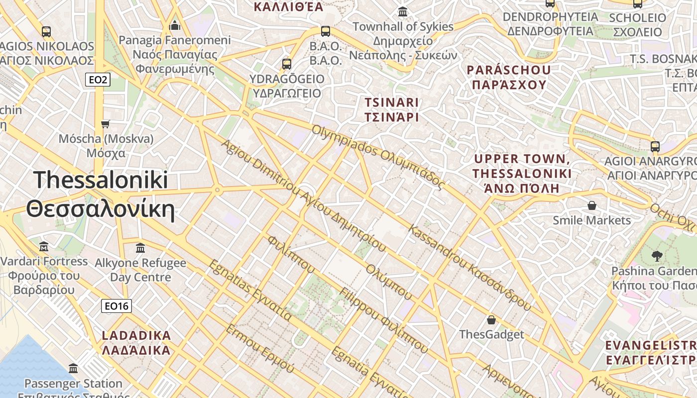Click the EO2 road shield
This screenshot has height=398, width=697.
97,80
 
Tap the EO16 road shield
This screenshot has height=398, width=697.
116,306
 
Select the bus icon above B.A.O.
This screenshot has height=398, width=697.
326,31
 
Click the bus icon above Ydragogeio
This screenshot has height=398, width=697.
286,64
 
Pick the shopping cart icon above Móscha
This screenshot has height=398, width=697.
105,123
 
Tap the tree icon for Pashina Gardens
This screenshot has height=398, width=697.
657,256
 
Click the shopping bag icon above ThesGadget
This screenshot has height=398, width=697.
491,320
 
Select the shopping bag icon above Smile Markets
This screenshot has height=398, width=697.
592,205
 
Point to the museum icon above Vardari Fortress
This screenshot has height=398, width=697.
44,247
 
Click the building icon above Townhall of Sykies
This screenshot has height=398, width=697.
402,12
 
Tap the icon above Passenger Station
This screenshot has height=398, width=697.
73,369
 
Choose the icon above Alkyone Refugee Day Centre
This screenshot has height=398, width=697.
140,248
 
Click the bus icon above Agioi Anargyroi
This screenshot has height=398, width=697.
655,147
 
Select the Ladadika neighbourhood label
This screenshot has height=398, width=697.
136,342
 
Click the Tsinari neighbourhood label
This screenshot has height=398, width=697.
392,109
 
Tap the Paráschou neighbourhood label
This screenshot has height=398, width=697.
509,77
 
